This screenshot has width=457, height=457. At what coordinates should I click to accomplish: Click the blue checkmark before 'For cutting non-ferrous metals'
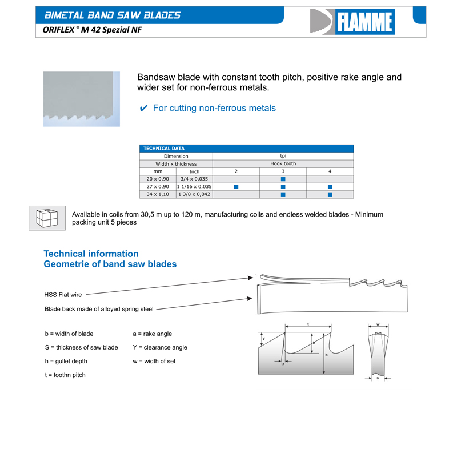[x=144, y=108]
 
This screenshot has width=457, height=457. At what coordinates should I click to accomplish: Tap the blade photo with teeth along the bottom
[x=82, y=98]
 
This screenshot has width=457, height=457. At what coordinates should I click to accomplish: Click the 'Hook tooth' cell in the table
[x=283, y=163]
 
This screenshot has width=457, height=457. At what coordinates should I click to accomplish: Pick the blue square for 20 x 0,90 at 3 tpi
[x=283, y=179]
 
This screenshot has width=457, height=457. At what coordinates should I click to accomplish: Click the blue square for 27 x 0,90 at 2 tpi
[x=236, y=187]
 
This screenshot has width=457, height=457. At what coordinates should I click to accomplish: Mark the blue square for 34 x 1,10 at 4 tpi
[x=330, y=194]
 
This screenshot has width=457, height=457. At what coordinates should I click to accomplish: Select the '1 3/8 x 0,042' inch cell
[x=194, y=194]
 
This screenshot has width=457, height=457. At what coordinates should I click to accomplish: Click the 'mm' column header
[x=158, y=171]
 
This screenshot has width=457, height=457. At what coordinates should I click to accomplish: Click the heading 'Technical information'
[x=91, y=254]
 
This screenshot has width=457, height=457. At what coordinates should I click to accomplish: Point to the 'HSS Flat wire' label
[x=63, y=295]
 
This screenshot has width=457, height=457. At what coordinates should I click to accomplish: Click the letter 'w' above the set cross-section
[x=378, y=324]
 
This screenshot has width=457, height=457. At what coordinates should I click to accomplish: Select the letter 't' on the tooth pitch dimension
[x=308, y=324]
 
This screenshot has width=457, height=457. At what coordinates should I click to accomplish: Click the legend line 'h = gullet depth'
[x=66, y=361]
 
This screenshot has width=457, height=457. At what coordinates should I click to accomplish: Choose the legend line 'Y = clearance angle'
[x=159, y=347]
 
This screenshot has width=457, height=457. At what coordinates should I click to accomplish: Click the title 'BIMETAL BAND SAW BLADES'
[x=113, y=15]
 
